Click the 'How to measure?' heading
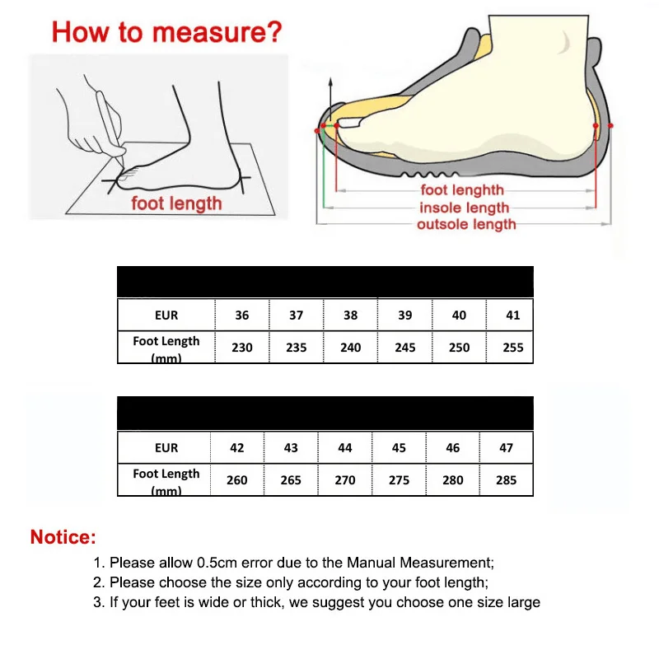click(166, 32)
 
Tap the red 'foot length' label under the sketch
click(176, 203)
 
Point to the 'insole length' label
click(464, 208)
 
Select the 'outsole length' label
click(466, 224)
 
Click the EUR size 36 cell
click(241, 315)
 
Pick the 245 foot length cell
click(404, 348)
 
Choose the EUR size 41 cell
click(512, 315)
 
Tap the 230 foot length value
click(241, 348)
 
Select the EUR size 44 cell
click(345, 448)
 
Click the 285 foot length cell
click(506, 480)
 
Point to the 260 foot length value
click(236, 480)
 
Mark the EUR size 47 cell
click(506, 448)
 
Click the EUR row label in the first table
click(166, 315)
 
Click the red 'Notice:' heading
click(63, 538)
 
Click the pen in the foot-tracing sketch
click(110, 124)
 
